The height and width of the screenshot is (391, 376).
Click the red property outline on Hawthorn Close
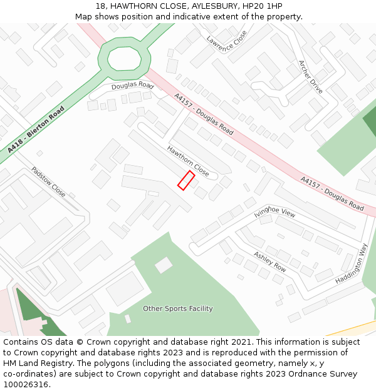coord(186,180)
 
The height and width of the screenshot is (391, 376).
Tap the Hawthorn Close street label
coord(188,161)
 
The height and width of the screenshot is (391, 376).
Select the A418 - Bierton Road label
coord(36,130)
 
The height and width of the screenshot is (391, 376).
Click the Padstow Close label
coord(48,181)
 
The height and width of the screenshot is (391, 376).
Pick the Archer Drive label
coord(310,77)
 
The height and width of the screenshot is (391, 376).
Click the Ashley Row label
coord(270,262)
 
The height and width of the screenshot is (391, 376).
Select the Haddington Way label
coord(351,263)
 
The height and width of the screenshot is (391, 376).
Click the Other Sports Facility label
coord(178,308)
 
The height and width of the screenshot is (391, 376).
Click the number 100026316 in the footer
coord(27,385)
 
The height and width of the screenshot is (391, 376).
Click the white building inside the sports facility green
coord(164,265)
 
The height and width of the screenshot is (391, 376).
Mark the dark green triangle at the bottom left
coord(30,308)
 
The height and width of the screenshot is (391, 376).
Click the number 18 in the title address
coord(100,6)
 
